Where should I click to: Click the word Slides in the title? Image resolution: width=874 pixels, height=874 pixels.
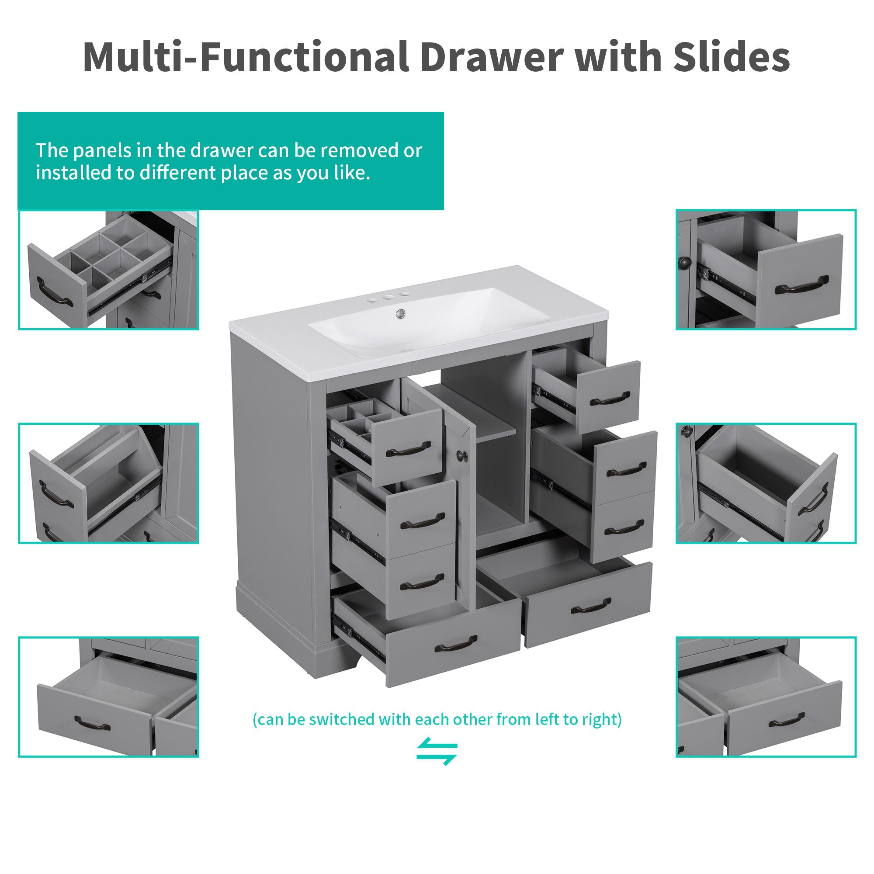(731, 57)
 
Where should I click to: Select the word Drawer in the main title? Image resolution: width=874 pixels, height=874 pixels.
(491, 57)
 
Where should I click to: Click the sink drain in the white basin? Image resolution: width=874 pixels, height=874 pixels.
(399, 313)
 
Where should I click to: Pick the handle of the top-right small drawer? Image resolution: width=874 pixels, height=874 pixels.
(610, 399)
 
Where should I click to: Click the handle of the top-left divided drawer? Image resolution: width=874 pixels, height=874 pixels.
(408, 450)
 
